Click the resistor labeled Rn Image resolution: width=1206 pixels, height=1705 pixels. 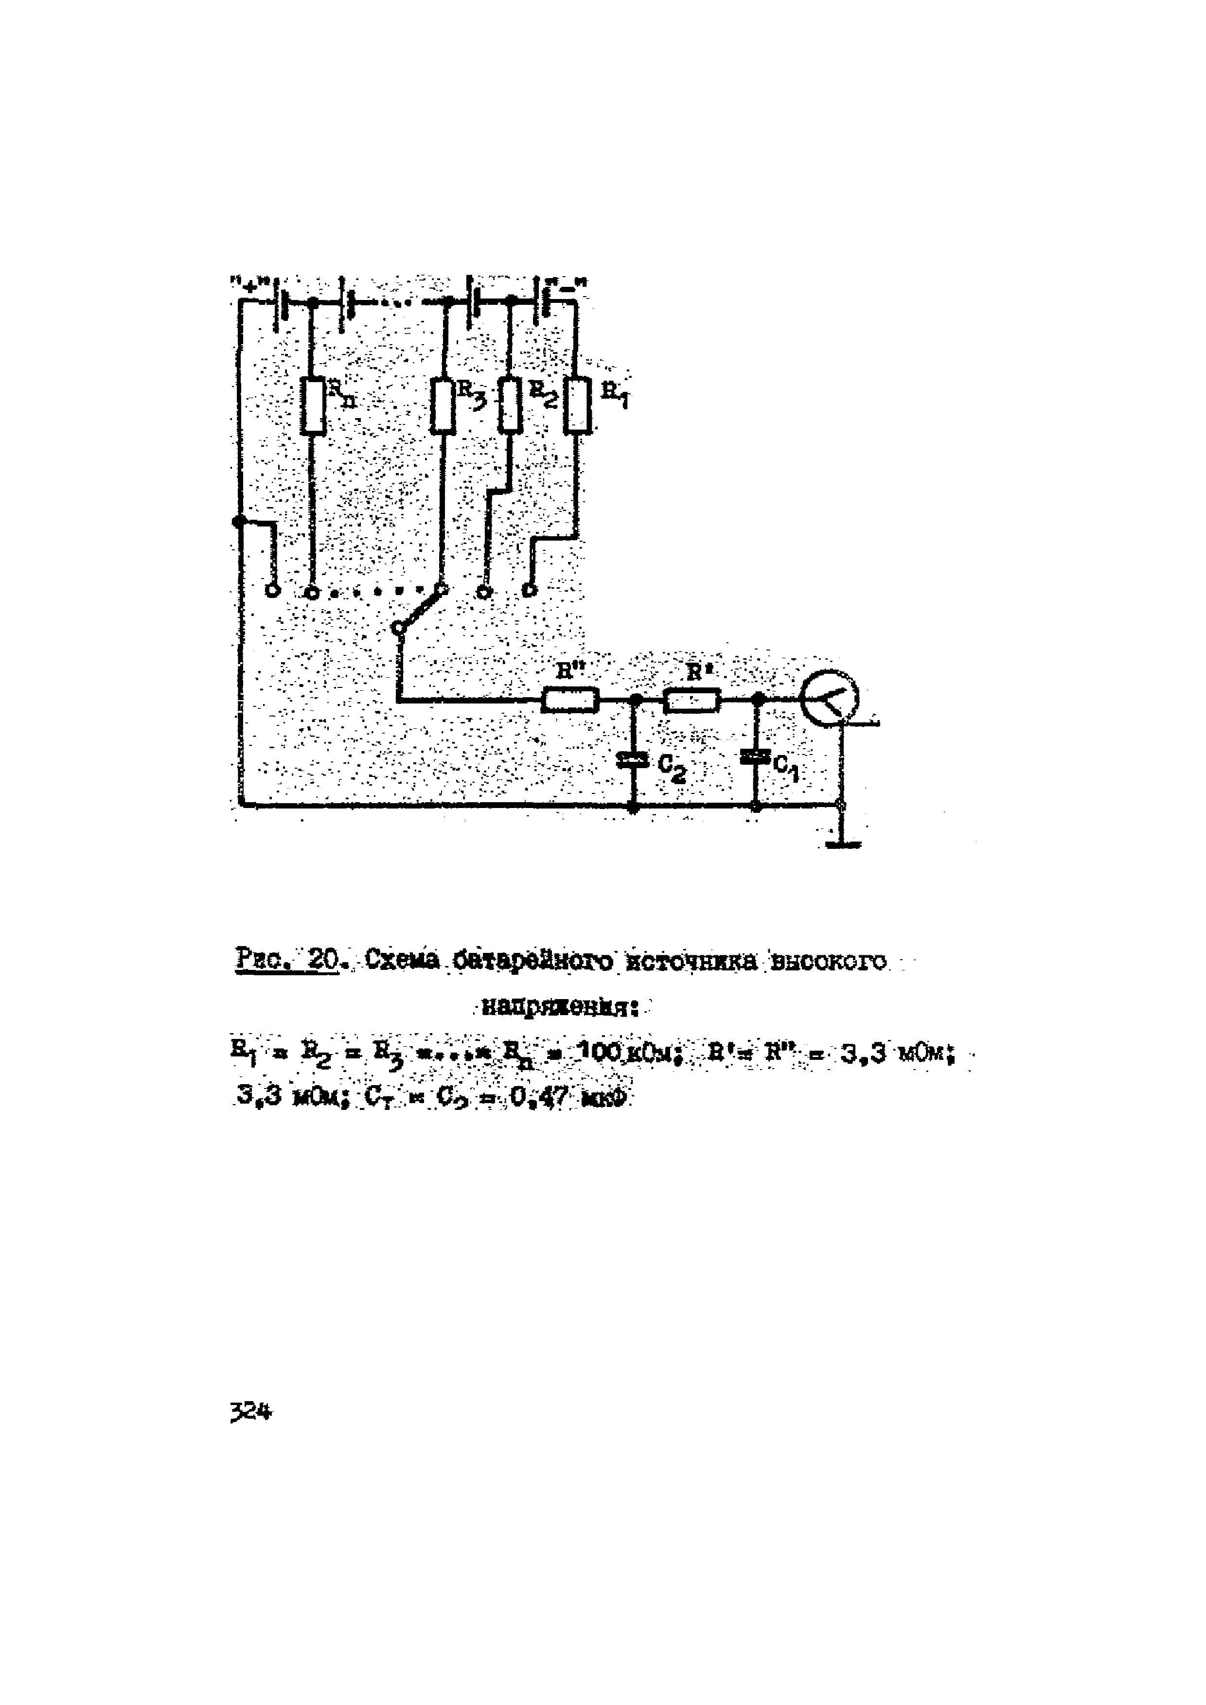(313, 406)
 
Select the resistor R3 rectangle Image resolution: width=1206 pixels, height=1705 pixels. (443, 406)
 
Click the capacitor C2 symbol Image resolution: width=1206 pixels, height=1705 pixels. (634, 759)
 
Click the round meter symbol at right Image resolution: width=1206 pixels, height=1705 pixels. (830, 698)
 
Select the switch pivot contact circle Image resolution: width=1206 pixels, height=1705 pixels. (399, 628)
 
